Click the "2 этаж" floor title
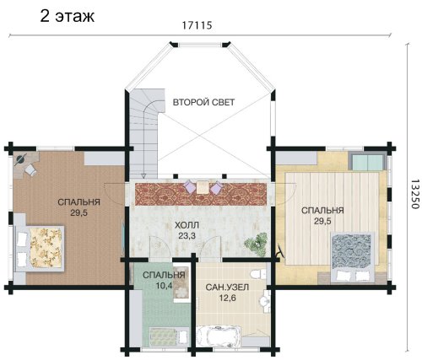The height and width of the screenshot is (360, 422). point(67,16)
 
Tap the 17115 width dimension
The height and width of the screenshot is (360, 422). point(197,25)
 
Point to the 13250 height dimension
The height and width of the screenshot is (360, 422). point(414,194)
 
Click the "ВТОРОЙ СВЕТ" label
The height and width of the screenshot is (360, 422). point(203,102)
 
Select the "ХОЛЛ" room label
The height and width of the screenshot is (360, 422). point(187,225)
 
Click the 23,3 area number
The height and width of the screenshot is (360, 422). point(187,235)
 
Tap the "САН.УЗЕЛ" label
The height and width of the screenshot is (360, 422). point(227,287)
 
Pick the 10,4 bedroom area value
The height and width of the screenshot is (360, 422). point(164,286)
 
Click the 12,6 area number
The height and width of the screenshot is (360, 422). point(227,298)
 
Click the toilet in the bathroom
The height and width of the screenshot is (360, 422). point(257,274)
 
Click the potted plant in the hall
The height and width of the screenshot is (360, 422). point(256,244)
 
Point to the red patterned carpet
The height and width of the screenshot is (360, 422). point(201,194)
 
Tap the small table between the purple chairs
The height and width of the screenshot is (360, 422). point(202,188)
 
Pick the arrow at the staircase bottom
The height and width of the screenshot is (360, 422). point(143,176)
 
